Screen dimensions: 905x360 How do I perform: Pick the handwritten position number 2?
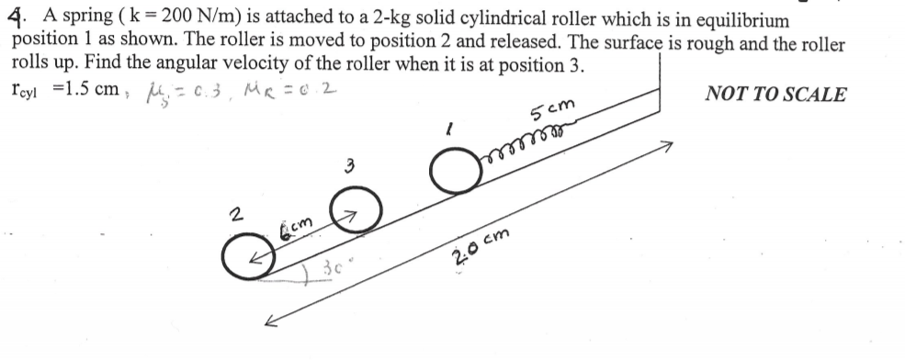click(x=238, y=216)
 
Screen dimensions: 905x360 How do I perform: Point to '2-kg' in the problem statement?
click(x=387, y=19)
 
